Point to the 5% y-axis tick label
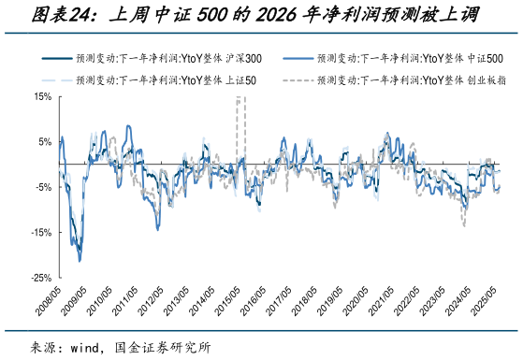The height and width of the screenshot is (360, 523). (41, 141)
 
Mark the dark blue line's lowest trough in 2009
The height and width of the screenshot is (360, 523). (79, 259)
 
